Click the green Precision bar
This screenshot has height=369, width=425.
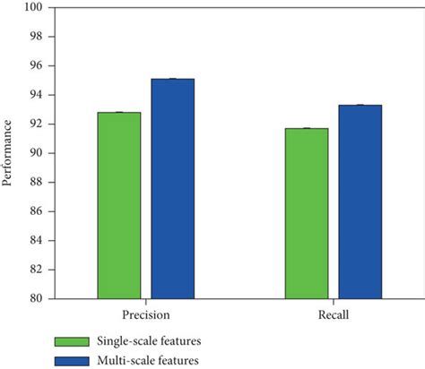tap(119, 205)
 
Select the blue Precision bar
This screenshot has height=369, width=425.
tap(172, 188)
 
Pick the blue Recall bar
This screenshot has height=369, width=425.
tap(360, 202)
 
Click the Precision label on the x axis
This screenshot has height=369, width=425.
tap(146, 316)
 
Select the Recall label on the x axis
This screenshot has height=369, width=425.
tap(333, 316)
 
